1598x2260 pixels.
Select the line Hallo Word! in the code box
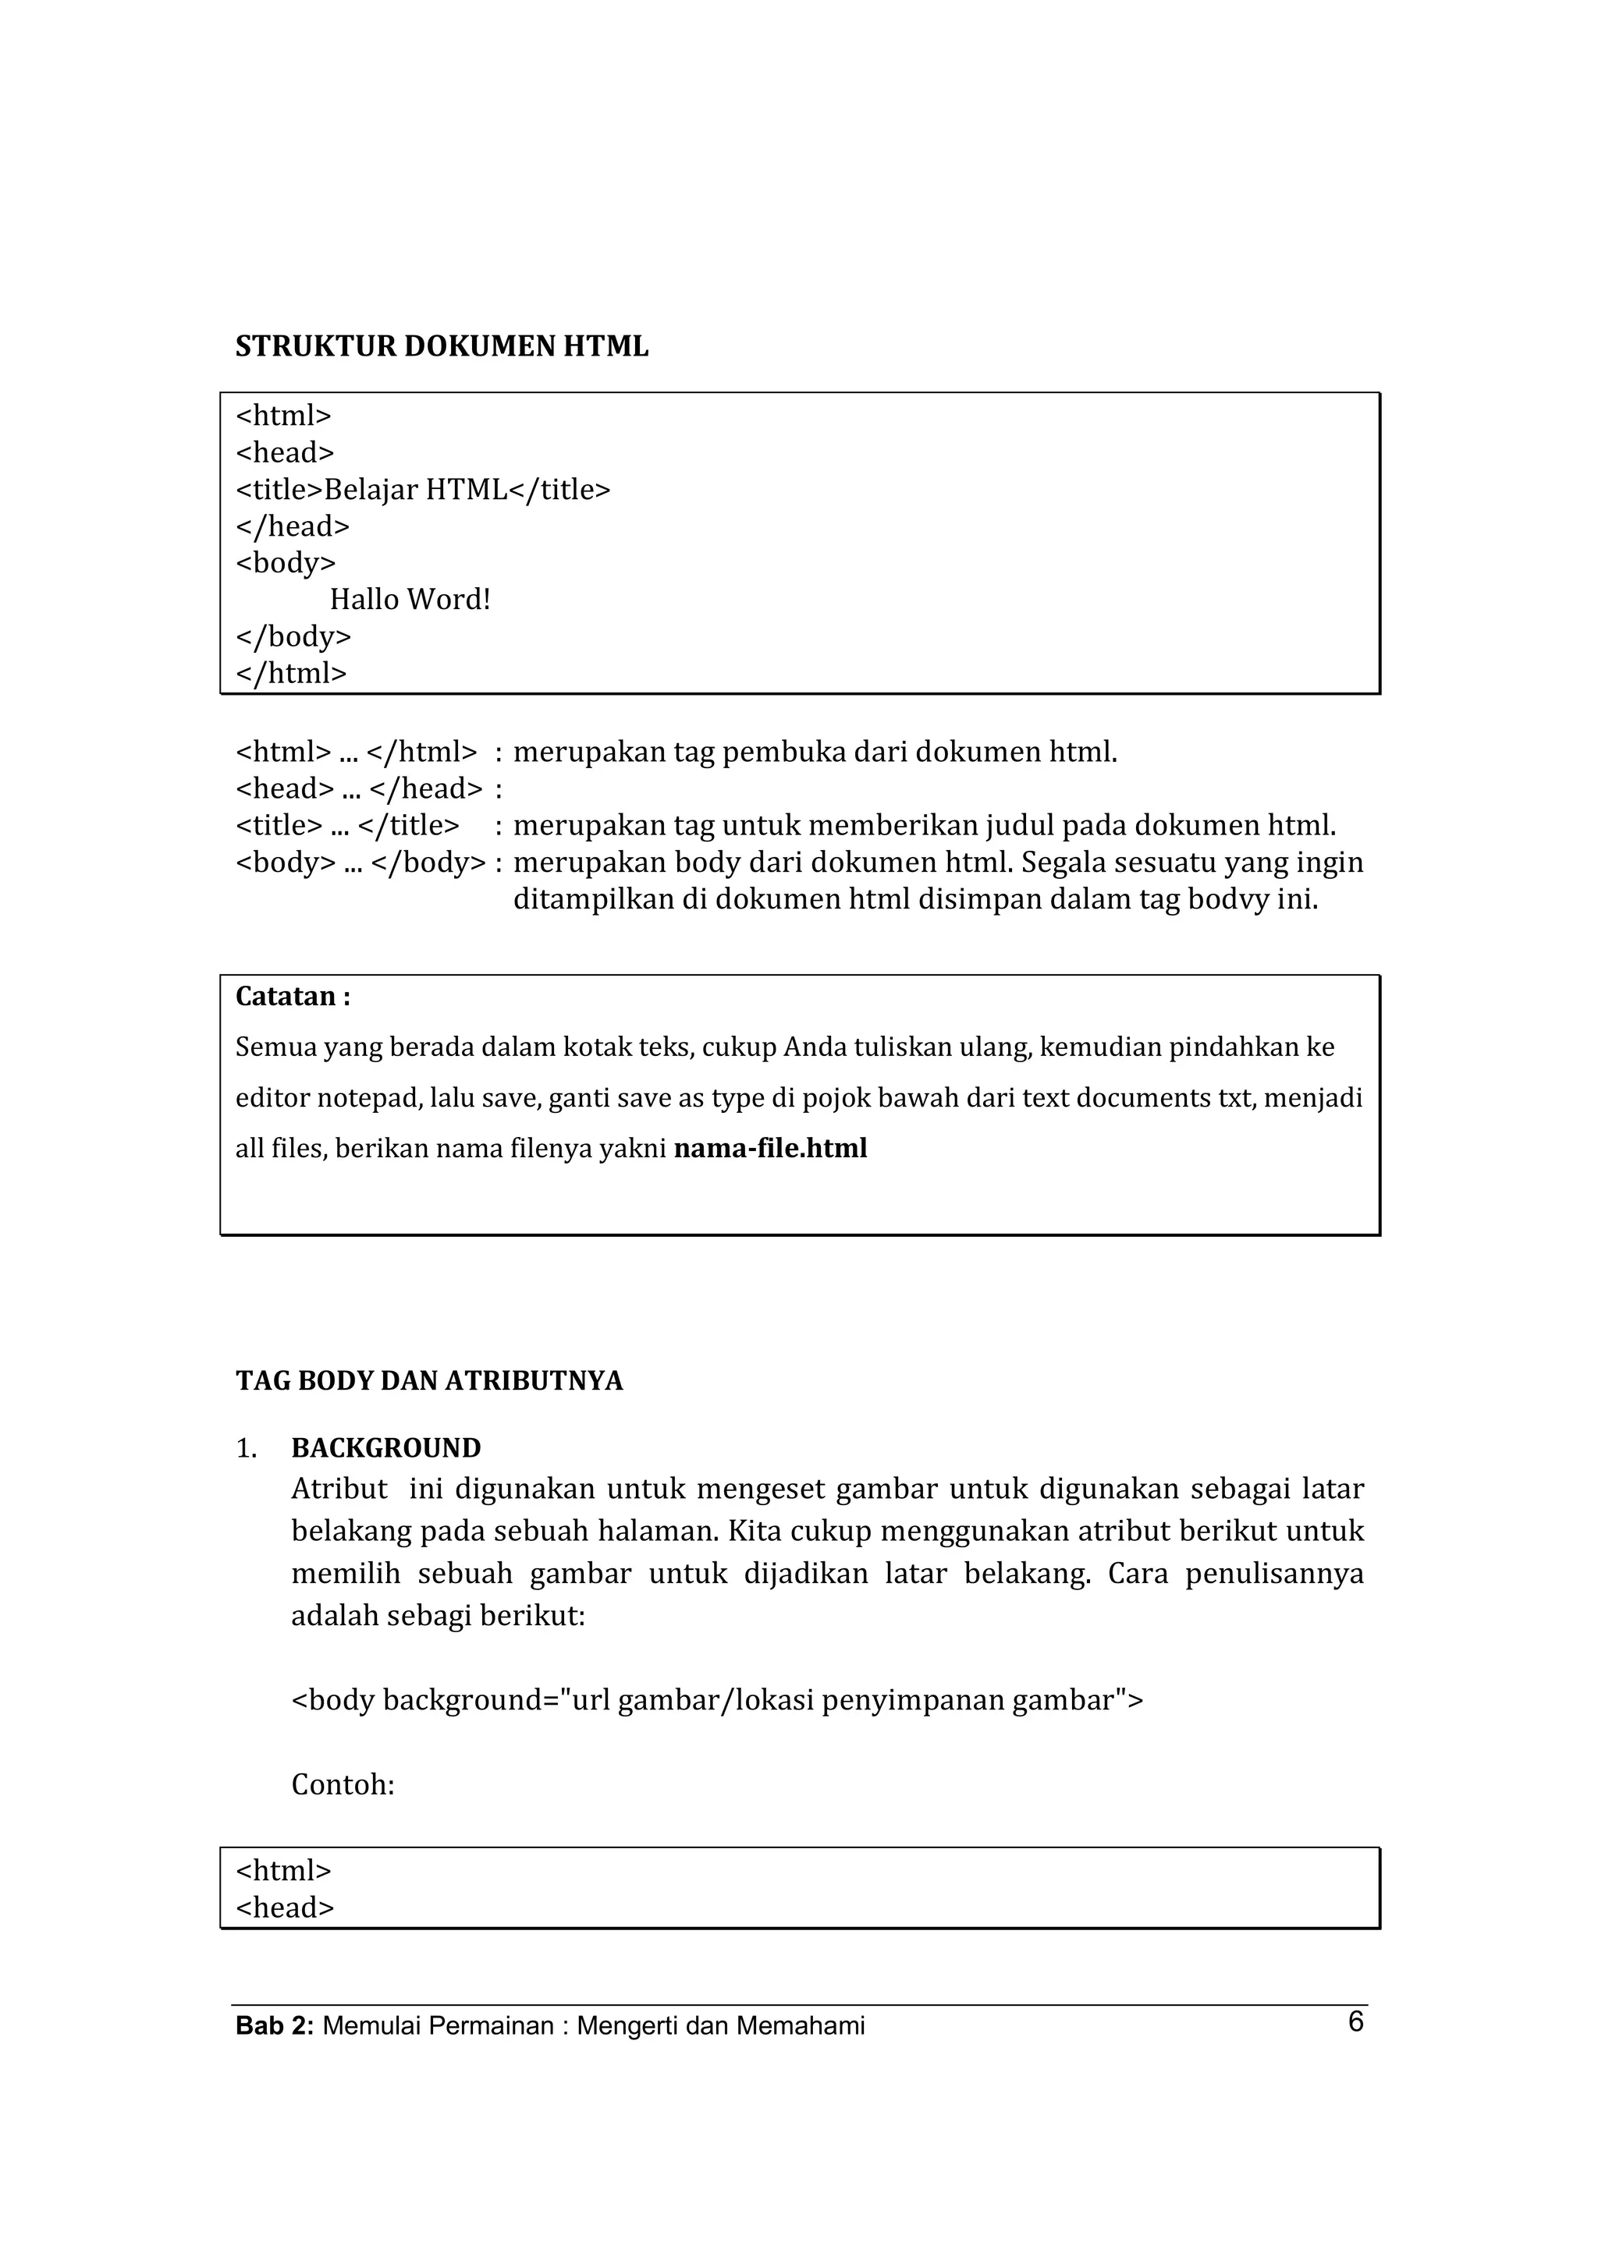click(410, 600)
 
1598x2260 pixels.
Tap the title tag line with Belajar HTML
click(422, 489)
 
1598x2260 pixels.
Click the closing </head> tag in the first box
click(293, 526)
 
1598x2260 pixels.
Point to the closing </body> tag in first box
click(293, 637)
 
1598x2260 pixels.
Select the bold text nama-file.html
click(770, 1149)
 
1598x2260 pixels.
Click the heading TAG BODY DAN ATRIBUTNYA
click(428, 1381)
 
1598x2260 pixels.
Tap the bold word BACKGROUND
click(386, 1448)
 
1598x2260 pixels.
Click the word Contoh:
click(343, 1784)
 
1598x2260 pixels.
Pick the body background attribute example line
click(717, 1700)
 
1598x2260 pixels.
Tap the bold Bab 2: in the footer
click(275, 2027)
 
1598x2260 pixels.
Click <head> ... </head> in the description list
click(360, 788)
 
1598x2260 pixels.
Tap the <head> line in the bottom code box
click(285, 1908)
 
